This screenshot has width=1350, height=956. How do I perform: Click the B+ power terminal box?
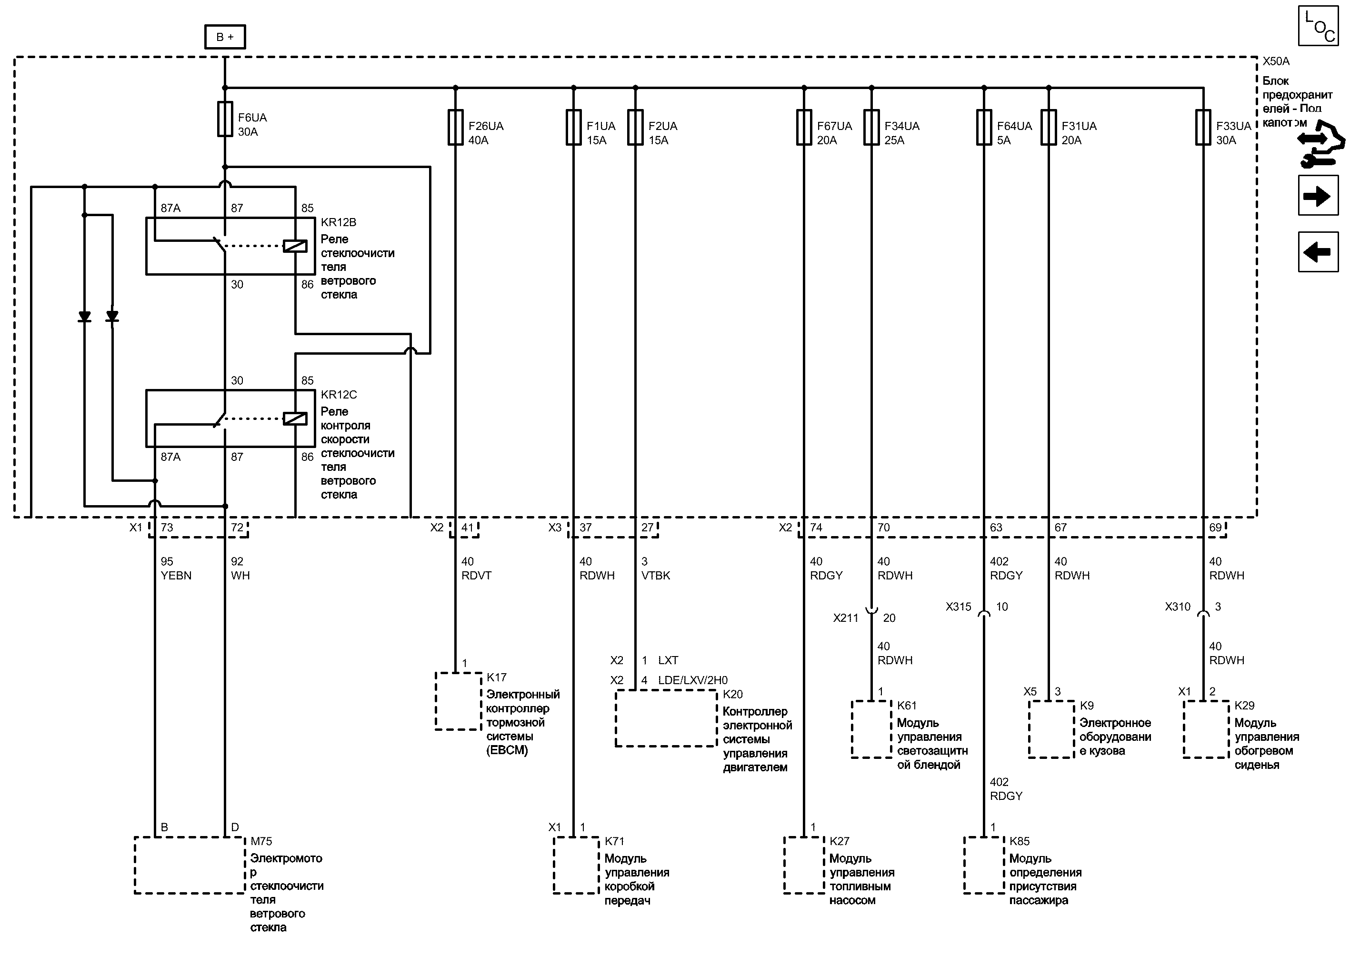225,37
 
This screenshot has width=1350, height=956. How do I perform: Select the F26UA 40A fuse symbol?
455,127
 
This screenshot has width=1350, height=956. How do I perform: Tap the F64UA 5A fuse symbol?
984,127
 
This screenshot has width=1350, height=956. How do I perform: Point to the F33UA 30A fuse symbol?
1203,127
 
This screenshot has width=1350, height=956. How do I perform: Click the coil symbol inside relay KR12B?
295,246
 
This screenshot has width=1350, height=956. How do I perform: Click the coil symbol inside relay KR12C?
295,418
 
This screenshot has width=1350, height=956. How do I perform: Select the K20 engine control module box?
666,718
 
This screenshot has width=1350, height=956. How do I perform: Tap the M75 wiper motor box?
189,865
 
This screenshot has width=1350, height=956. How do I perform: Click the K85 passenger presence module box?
984,865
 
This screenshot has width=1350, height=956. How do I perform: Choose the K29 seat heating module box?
1206,729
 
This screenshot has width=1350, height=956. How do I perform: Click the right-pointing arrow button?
1318,196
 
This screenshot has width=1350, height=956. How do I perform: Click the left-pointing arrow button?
1318,252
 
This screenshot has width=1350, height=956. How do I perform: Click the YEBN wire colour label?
176,576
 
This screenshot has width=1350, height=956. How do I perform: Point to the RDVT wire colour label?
476,576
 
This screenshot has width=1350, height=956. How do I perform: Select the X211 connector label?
845,618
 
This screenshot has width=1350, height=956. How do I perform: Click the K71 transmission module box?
576,865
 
